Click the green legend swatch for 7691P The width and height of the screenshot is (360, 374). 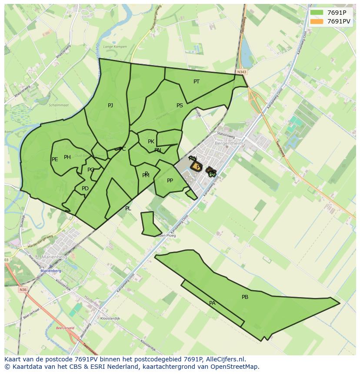pyautogui.click(x=317, y=13)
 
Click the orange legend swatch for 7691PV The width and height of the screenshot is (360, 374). pyautogui.click(x=317, y=21)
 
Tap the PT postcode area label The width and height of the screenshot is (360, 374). pyautogui.click(x=197, y=82)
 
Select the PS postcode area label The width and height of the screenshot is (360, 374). pyautogui.click(x=180, y=106)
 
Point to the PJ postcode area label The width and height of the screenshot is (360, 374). pyautogui.click(x=110, y=106)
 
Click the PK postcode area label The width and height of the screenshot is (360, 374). pyautogui.click(x=151, y=142)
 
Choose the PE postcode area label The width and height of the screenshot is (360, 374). pyautogui.click(x=55, y=159)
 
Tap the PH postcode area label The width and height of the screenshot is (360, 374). pyautogui.click(x=67, y=157)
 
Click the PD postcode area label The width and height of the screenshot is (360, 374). pyautogui.click(x=85, y=189)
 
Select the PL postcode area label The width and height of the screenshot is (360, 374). pyautogui.click(x=128, y=209)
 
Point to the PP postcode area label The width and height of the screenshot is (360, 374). pyautogui.click(x=170, y=181)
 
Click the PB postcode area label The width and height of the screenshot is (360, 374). pyautogui.click(x=245, y=297)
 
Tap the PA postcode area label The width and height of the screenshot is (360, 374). pyautogui.click(x=212, y=303)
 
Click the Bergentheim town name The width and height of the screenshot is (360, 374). pyautogui.click(x=230, y=143)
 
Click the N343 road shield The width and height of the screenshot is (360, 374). pyautogui.click(x=242, y=72)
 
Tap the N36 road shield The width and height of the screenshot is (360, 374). pyautogui.click(x=23, y=289)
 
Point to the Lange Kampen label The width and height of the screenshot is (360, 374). pyautogui.click(x=115, y=46)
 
